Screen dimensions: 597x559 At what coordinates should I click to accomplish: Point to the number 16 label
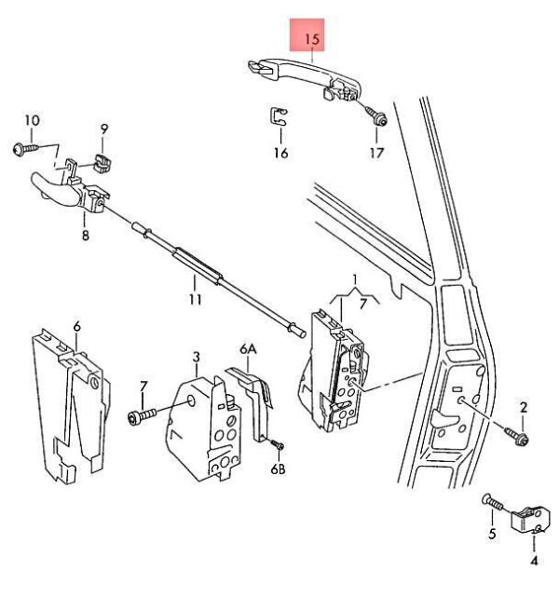280,153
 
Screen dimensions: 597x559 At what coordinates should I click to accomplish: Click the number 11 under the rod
195,300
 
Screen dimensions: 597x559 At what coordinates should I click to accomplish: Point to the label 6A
248,349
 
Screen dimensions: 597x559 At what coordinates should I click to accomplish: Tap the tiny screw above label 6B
277,446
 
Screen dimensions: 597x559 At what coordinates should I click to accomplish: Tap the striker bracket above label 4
532,518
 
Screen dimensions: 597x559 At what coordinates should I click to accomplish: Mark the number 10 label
32,120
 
